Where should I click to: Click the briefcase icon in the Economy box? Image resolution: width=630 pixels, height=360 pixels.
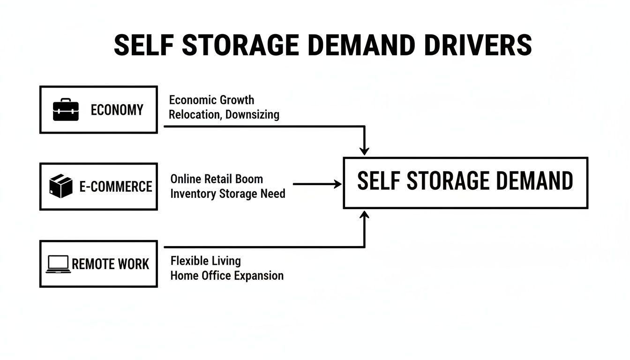[66, 110]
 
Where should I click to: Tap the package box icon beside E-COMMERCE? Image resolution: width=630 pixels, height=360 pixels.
[61, 186]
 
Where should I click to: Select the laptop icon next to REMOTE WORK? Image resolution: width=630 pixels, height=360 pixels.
[58, 264]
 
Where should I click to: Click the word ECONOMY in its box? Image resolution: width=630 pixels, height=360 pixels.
[117, 110]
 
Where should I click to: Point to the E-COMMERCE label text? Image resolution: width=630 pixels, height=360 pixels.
[116, 187]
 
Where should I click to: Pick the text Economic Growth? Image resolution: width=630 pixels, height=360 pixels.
[211, 100]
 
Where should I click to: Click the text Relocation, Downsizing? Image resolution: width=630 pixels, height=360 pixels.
[224, 114]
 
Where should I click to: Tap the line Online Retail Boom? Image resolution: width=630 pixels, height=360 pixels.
[217, 179]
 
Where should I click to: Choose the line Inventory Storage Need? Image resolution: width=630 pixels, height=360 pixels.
[228, 194]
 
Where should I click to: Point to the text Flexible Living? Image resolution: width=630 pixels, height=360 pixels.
[205, 261]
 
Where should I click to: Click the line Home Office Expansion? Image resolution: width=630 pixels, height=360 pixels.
[227, 275]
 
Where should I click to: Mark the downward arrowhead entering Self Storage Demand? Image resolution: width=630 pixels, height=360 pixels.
[364, 151]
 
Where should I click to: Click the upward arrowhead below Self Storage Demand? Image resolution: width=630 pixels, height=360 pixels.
[364, 215]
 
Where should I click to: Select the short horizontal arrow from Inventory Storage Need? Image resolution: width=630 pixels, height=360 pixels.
[317, 184]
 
